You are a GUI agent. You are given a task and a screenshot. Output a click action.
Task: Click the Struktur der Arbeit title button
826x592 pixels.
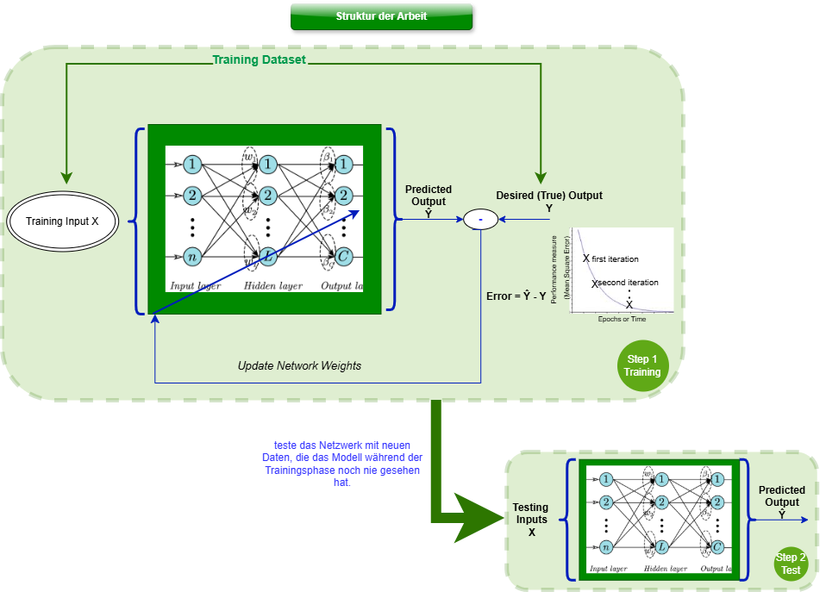tap(381, 16)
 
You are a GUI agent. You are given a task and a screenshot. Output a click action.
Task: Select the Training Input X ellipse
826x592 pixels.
tap(62, 221)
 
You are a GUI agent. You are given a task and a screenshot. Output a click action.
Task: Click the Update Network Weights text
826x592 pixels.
tap(299, 365)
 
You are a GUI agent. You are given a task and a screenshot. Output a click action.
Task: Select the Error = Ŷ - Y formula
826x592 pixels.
tap(516, 296)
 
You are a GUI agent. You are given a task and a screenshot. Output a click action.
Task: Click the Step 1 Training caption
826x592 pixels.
tap(641, 365)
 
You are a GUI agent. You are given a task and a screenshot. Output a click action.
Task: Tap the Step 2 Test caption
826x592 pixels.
tap(790, 564)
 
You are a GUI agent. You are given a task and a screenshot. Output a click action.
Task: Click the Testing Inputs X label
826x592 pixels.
tap(530, 520)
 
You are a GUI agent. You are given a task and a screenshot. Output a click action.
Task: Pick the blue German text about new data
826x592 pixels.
tap(342, 464)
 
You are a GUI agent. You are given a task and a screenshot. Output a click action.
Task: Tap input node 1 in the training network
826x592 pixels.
tap(193, 164)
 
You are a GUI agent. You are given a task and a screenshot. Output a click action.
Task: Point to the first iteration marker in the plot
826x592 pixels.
tap(586, 258)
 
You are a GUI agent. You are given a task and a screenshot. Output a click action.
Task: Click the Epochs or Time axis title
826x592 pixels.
tap(622, 319)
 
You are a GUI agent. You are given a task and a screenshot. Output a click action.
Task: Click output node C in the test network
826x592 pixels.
tap(717, 546)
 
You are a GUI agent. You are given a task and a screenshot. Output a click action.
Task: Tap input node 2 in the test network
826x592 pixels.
tap(607, 502)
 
